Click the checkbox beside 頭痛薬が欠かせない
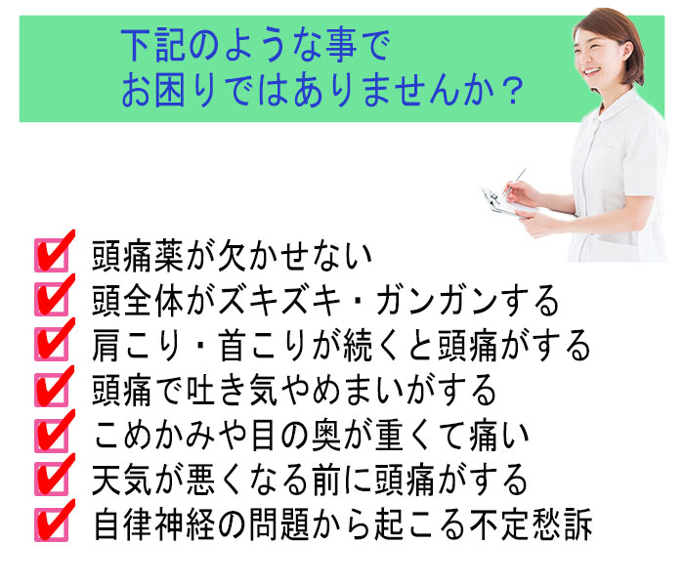tap(52, 256)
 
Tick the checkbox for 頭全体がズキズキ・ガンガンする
tap(52, 300)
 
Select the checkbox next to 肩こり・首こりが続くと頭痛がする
tap(52, 344)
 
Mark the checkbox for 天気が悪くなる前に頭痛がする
tap(52, 480)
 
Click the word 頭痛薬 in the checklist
tap(138, 256)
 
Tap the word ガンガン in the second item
tap(436, 301)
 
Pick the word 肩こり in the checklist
tap(137, 346)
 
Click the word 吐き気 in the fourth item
tap(233, 391)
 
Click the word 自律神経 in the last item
tap(154, 524)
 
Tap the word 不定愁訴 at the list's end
tap(531, 524)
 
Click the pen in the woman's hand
tap(514, 183)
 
